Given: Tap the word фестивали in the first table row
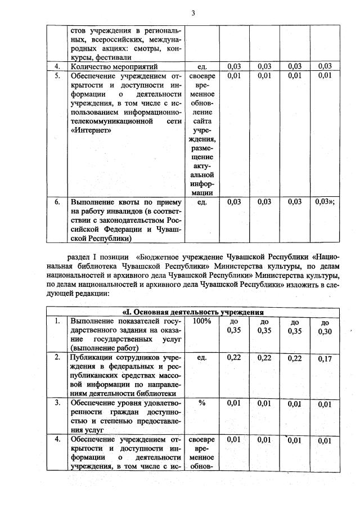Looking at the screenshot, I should pyautogui.click(x=112, y=57).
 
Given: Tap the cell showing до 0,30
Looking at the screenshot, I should pyautogui.click(x=325, y=327).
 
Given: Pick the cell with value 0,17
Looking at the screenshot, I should pyautogui.click(x=325, y=358).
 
